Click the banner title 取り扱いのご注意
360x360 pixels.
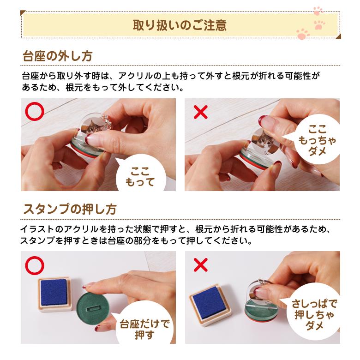coord(180,24)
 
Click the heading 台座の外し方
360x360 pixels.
coord(58,56)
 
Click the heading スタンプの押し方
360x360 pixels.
coord(70,209)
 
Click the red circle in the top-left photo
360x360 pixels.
coord(35,112)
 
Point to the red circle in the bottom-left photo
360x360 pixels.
coord(35,265)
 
